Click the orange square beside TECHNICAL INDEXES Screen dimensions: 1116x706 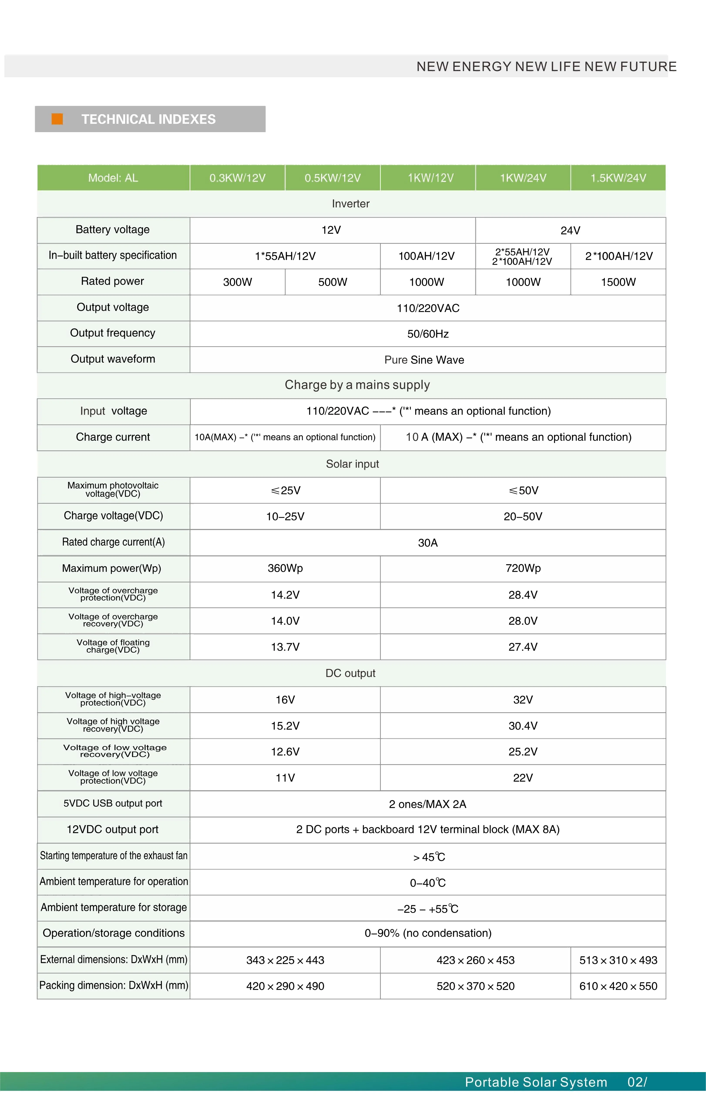coord(57,119)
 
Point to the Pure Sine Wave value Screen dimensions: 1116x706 coord(424,360)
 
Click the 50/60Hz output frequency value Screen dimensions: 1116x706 coord(428,334)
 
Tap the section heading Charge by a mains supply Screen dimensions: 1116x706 coord(357,385)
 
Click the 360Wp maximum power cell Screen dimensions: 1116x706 coord(285,568)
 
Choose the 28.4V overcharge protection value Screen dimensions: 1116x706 coord(523,595)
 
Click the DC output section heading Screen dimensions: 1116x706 coord(350,673)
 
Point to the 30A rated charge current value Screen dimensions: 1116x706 coord(428,543)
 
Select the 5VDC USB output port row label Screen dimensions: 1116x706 coord(113,803)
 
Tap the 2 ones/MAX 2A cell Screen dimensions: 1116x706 coord(428,804)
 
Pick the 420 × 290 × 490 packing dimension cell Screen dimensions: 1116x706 coord(285,986)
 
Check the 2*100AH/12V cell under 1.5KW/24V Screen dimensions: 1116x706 coord(618,256)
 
